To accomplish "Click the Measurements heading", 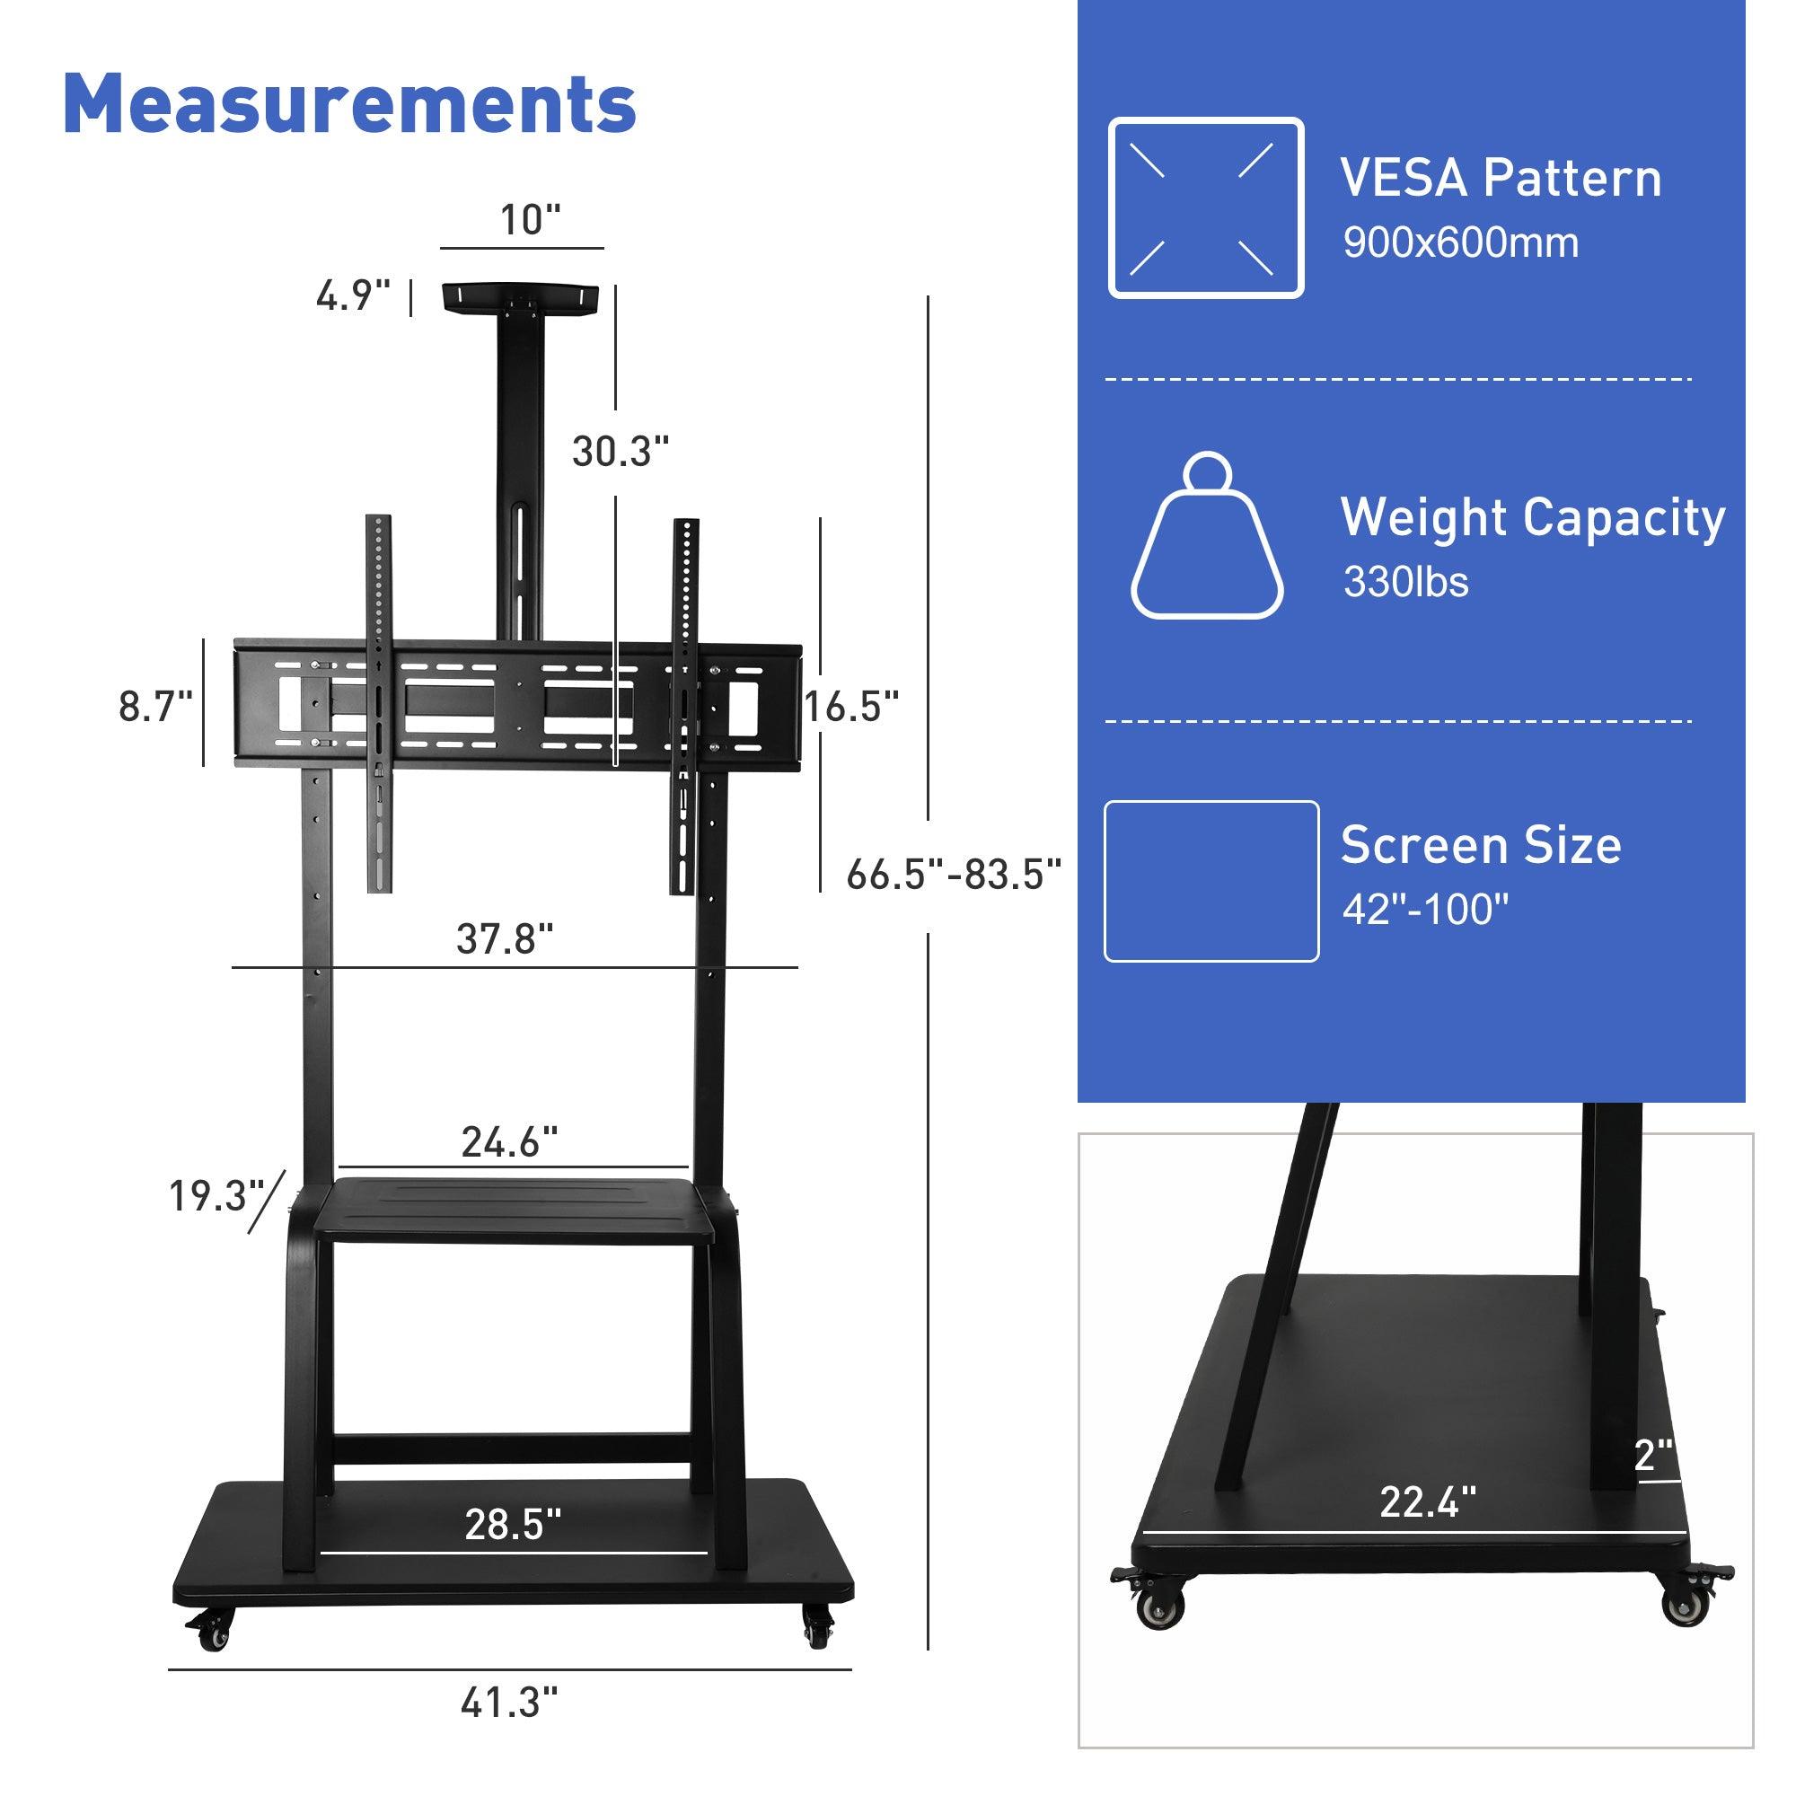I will (x=349, y=104).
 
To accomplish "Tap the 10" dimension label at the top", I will (x=530, y=220).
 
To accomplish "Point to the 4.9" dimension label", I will (x=352, y=296).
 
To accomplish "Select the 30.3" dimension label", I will (x=620, y=452).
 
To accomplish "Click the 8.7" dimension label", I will (x=155, y=707).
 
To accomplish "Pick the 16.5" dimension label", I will (x=850, y=707).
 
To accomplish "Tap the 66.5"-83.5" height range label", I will (x=954, y=875).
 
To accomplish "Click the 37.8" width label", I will (x=504, y=939).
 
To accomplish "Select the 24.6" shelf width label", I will (x=509, y=1142).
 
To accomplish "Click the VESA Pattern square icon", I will (x=1206, y=207).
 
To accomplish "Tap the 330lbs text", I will (x=1404, y=583).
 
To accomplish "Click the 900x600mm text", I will (x=1459, y=243).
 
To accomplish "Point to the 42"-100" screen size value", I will (x=1424, y=909).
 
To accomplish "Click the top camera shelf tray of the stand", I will (x=521, y=297).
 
